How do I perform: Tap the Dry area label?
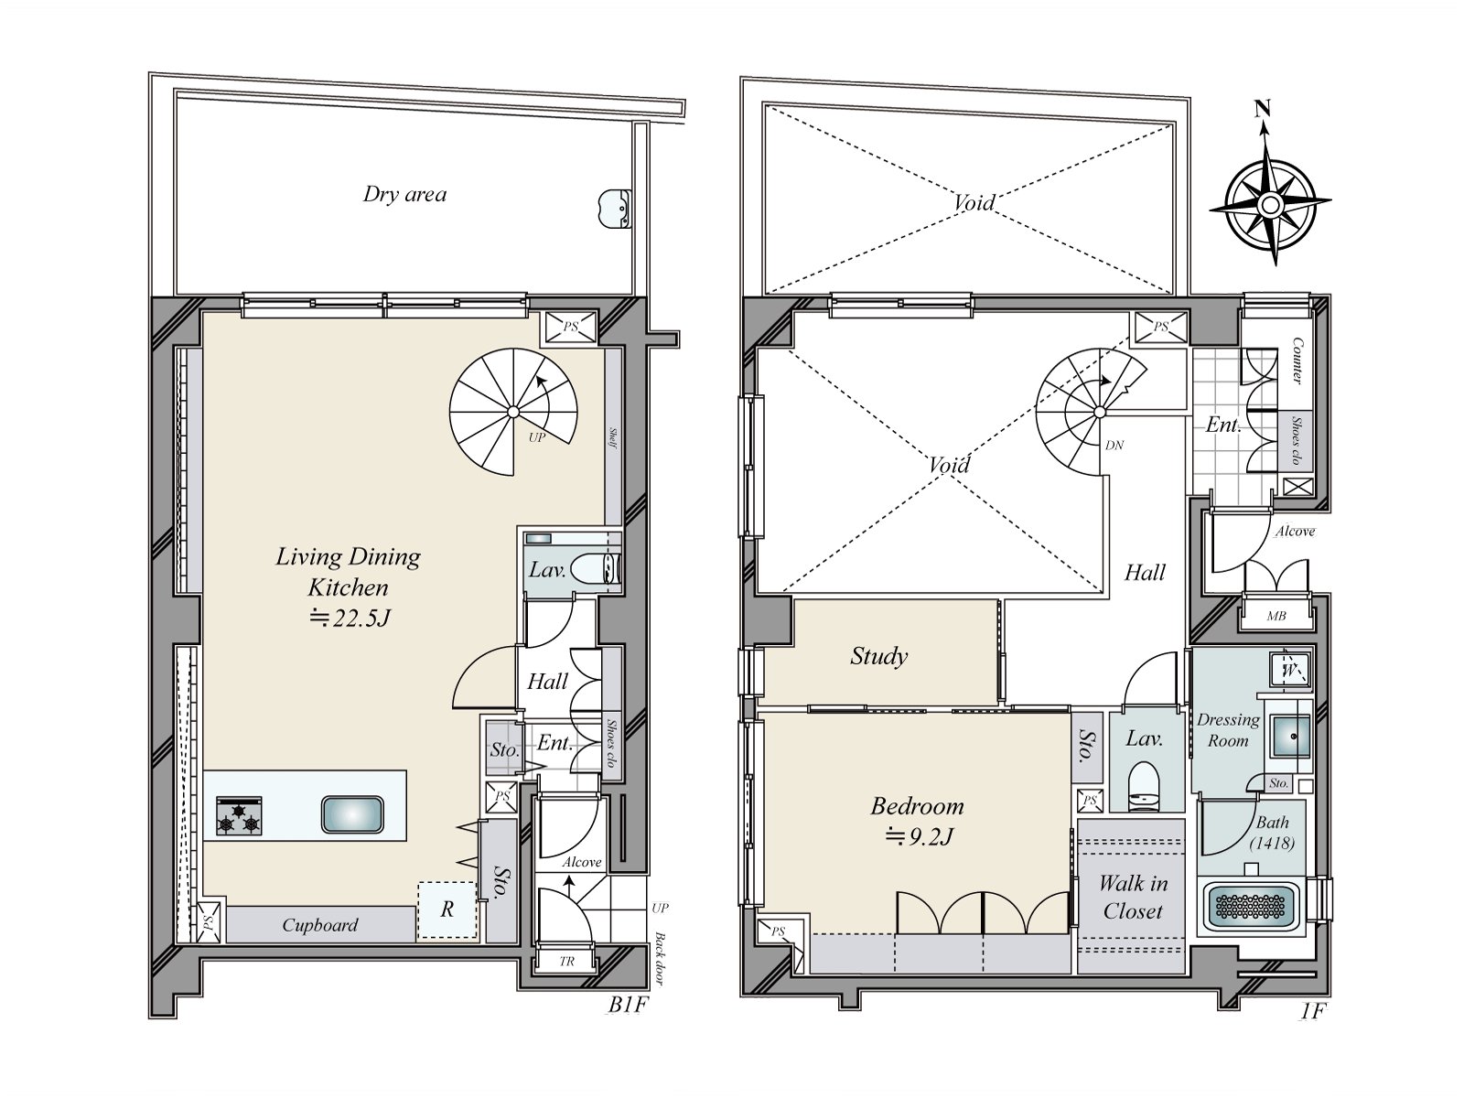[x=404, y=194]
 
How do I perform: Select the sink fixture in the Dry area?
[x=614, y=209]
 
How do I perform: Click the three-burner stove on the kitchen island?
[x=239, y=815]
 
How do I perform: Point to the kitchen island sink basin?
[x=352, y=814]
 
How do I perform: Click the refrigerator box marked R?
[x=447, y=910]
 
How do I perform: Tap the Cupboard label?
[x=320, y=925]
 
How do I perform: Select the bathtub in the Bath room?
[x=1251, y=906]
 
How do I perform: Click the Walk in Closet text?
[x=1133, y=898]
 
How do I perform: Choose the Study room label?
[x=878, y=656]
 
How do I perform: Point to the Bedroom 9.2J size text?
[x=919, y=835]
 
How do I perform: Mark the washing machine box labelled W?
[x=1290, y=670]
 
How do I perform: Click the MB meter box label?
[x=1276, y=616]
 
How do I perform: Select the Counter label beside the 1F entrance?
[x=1297, y=361]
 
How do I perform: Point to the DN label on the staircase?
[x=1114, y=445]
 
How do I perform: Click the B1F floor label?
[x=628, y=1005]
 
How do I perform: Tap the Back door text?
[x=660, y=959]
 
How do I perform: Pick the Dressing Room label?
[x=1228, y=730]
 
